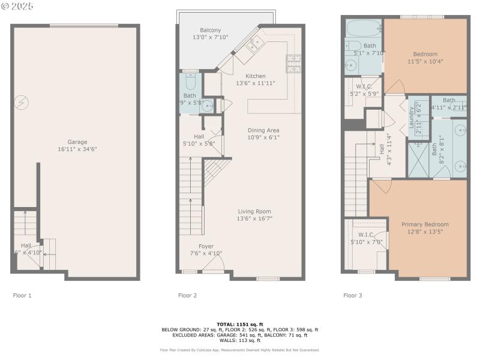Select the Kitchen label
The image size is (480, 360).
[x=256, y=76]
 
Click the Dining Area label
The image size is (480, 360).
[x=264, y=130]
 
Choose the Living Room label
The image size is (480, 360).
[x=255, y=211]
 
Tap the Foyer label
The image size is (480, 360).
[x=206, y=246]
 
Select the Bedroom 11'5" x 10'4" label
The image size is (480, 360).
[x=425, y=54]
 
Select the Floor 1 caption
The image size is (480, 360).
[x=22, y=295]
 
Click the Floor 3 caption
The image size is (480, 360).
[x=353, y=295]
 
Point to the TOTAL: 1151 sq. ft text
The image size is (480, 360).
[x=239, y=324]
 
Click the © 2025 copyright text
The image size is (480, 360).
[x=17, y=6]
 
